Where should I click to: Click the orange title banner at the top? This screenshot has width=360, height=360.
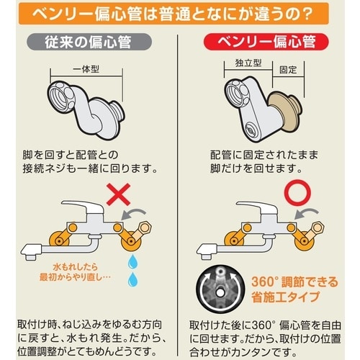180,13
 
